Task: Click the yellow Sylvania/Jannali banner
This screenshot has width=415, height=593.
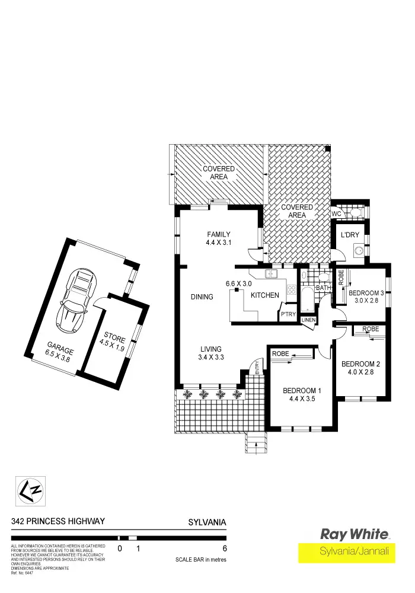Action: pos(355,551)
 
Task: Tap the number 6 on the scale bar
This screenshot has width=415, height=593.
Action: pos(224,549)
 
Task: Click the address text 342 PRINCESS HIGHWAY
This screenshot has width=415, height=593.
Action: pos(58,521)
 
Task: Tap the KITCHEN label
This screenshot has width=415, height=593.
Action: pos(264,295)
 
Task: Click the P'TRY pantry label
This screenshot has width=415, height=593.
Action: pos(288,314)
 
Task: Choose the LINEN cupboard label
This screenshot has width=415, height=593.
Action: pos(309,320)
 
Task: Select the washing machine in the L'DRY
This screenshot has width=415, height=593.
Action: pos(359,251)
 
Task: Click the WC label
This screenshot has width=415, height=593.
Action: pos(336,213)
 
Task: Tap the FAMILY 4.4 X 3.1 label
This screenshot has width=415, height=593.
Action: pos(218,238)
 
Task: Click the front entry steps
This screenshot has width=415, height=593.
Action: pos(256,442)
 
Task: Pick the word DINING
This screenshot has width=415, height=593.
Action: pos(202,296)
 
